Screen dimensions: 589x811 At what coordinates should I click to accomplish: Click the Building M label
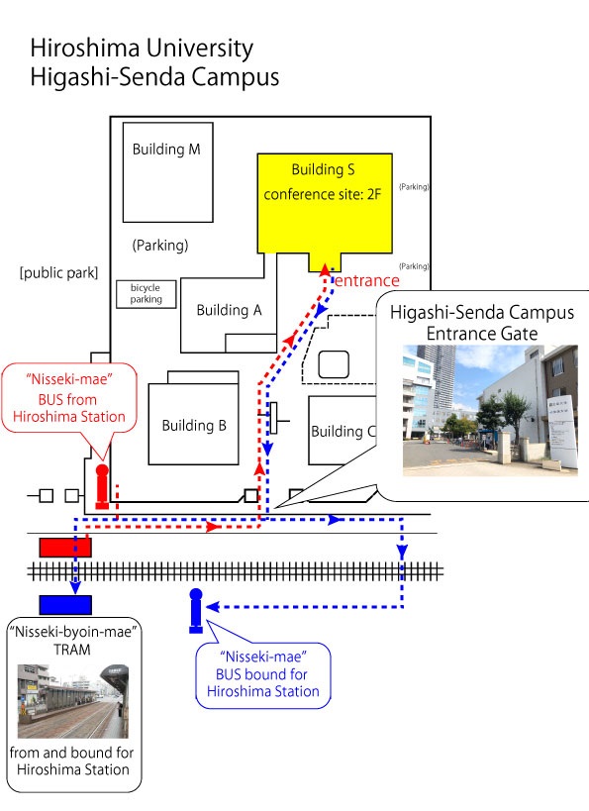coord(166,150)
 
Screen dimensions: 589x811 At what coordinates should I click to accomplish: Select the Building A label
coord(229,310)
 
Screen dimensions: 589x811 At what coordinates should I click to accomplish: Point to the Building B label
coord(194,426)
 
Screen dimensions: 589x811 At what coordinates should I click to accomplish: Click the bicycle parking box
coord(147,294)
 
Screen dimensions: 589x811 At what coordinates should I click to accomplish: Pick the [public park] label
coord(58,272)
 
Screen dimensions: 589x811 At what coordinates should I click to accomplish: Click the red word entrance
coord(366,281)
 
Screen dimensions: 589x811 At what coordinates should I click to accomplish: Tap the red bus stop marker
coord(102,486)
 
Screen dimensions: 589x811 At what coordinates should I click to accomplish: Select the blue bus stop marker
coord(196,610)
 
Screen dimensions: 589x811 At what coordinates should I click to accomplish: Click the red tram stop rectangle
coord(65,548)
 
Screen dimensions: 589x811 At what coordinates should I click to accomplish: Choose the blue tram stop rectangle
coord(65,605)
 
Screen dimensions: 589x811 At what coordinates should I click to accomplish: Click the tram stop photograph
coord(73,701)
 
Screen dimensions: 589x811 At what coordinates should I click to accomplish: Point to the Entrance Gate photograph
coord(490,410)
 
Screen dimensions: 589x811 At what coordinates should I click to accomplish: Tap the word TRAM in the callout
coord(72,650)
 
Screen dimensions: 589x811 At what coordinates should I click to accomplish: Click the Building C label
coord(344,432)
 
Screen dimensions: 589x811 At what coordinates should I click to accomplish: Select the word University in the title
coord(198,49)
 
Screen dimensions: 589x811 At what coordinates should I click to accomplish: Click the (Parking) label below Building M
coord(160,245)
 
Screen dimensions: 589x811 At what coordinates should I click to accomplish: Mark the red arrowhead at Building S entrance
coord(325,269)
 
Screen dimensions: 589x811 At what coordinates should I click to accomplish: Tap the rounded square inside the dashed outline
coord(334,364)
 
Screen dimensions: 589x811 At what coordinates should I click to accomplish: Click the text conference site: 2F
coord(323,194)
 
